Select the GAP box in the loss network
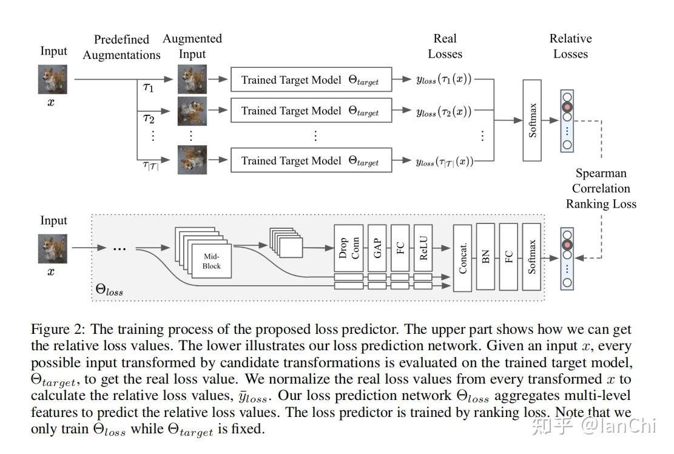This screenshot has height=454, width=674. [377, 247]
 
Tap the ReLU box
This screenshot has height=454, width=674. [422, 247]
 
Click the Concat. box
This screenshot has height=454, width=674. [462, 257]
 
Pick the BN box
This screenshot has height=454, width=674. [486, 257]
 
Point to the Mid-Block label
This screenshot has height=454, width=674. [212, 261]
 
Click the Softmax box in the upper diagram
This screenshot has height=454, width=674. [531, 120]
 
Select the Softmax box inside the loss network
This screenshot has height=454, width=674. [531, 257]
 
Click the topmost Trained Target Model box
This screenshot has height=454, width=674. [311, 80]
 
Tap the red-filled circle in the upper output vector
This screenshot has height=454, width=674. [567, 108]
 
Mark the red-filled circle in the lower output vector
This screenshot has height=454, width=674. [567, 245]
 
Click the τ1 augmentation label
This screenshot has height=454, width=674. [149, 87]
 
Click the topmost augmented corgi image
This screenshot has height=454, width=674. [192, 79]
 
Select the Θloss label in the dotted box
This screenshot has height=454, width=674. [109, 290]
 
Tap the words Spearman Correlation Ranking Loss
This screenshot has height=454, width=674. [601, 188]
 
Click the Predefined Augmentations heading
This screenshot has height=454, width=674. [121, 47]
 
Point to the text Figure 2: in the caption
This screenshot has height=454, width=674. [58, 330]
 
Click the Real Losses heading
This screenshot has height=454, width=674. [445, 46]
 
